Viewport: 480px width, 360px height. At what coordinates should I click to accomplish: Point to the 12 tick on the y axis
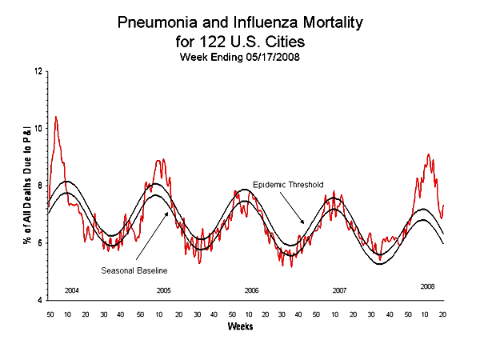click(x=38, y=72)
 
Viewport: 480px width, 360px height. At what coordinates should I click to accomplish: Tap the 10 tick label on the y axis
click(x=38, y=129)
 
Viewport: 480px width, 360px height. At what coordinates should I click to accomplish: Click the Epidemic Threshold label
click(x=288, y=185)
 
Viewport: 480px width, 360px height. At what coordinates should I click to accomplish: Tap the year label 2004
click(x=72, y=289)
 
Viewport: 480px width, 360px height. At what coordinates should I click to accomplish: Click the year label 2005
click(x=163, y=289)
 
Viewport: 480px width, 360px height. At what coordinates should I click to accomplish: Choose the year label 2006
click(x=251, y=289)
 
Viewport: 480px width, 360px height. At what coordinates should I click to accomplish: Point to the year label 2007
click(x=339, y=289)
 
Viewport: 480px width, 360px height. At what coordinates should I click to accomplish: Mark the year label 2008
click(x=427, y=286)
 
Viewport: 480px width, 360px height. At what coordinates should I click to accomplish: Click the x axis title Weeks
click(x=241, y=327)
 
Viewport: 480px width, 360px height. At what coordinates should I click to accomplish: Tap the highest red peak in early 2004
click(x=55, y=117)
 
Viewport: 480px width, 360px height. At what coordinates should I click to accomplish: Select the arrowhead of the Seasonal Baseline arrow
click(x=169, y=212)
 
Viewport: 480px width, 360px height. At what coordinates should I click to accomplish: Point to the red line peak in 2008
click(x=429, y=154)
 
